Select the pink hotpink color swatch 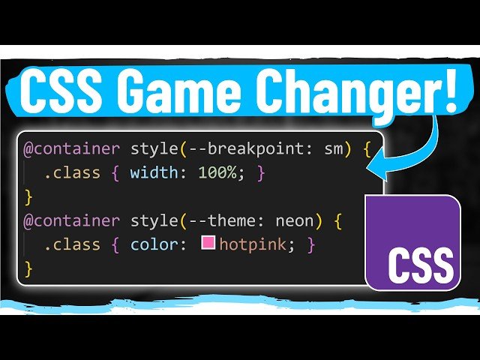pos(207,244)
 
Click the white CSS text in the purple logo pos(421,265)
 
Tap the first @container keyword pos(71,148)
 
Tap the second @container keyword pos(71,221)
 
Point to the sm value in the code pos(333,148)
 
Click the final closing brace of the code pos(29,268)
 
